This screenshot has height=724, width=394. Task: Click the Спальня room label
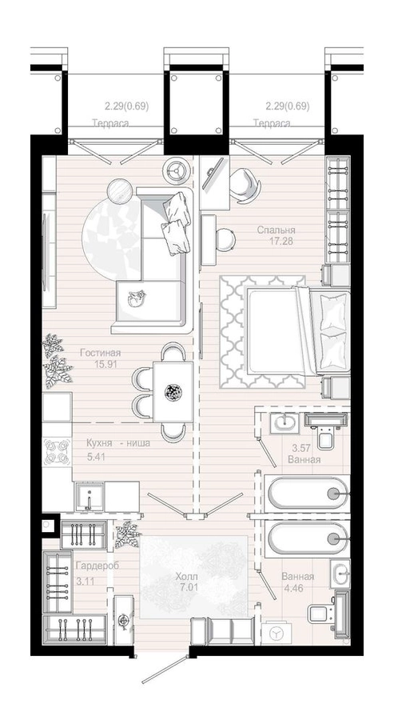(276, 230)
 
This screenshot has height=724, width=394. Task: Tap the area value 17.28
(281, 241)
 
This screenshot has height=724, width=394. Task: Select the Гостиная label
(100, 353)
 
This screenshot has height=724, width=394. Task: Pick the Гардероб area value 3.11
(86, 582)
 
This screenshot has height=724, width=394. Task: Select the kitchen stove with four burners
(58, 451)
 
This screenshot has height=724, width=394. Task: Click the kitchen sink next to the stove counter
(89, 496)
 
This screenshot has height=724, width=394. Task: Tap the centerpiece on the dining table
(173, 393)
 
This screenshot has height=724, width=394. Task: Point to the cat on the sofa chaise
(137, 298)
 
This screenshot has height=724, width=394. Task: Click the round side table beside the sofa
(120, 190)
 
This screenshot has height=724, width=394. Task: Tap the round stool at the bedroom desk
(225, 238)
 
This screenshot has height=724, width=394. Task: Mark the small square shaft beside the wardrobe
(48, 525)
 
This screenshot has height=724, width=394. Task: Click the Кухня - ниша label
(118, 443)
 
